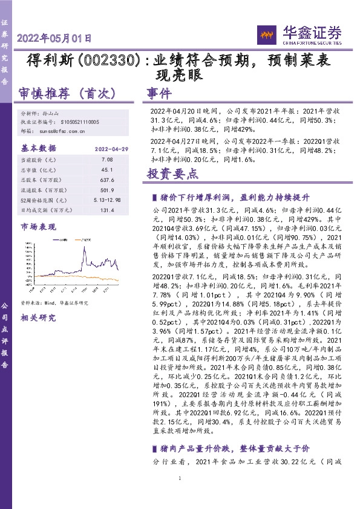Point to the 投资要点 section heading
[x=173, y=174]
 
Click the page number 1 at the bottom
[x=180, y=496]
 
